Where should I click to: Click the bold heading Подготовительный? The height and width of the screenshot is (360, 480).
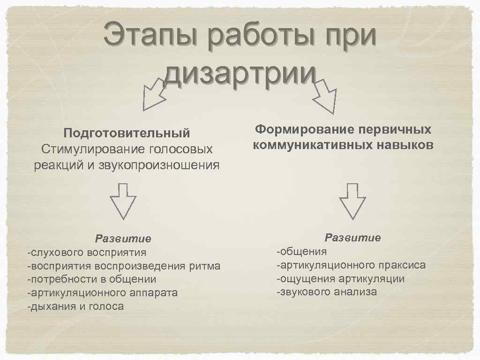click(x=127, y=133)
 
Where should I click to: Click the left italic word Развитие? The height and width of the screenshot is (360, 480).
click(x=123, y=239)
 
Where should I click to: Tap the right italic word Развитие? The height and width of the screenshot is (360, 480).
click(x=353, y=238)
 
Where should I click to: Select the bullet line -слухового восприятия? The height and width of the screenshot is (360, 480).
click(x=87, y=253)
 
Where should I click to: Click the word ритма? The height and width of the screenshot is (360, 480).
click(x=204, y=266)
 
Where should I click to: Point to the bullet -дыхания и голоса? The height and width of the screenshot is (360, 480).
click(x=75, y=307)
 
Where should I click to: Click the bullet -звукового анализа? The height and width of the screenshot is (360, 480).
click(x=327, y=292)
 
